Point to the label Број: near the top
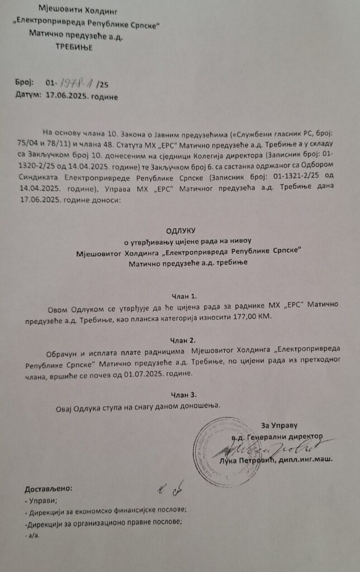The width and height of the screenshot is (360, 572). point(25,84)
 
